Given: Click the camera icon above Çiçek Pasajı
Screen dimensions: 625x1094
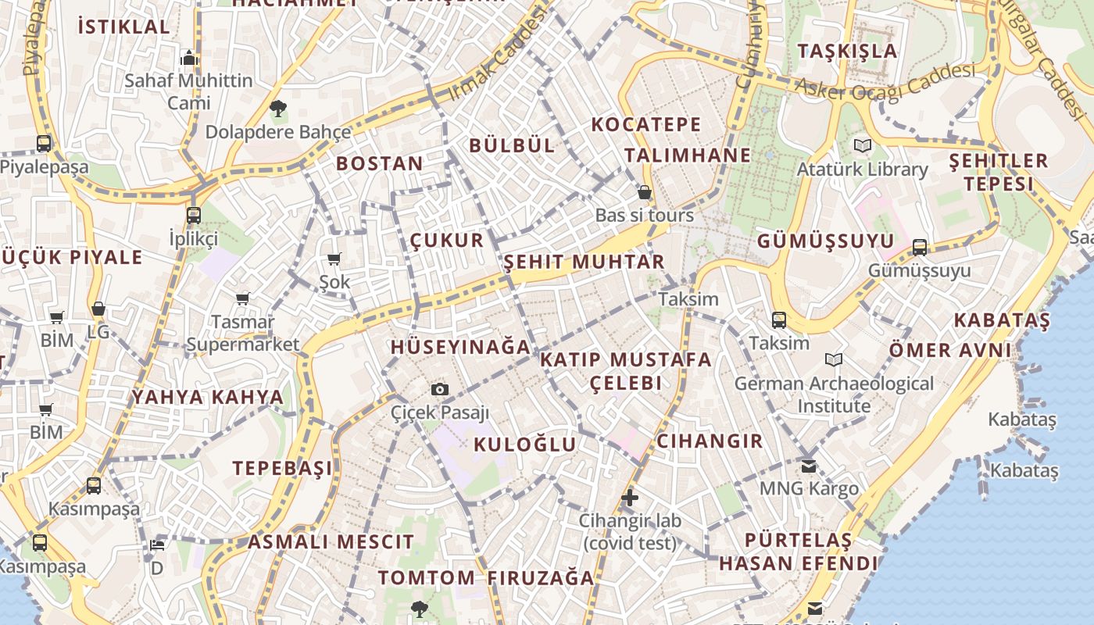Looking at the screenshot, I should coord(440,389).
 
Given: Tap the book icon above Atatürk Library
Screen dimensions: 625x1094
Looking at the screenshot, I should coord(863,145).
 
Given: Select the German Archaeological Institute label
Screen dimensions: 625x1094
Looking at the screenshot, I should coord(834,395).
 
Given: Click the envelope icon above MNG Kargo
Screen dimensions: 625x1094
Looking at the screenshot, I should coord(809,466).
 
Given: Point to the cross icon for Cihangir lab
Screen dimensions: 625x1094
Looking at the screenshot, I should coord(630,498).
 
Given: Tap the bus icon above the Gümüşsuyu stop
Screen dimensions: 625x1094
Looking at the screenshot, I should coord(920,248).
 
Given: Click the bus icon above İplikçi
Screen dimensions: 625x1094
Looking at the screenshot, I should coord(194,216).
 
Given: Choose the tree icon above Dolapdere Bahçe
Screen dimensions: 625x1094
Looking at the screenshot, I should coord(277,109).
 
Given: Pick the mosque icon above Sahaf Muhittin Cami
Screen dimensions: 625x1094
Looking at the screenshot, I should coord(188,58).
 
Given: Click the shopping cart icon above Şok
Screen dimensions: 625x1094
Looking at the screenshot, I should coord(334,259).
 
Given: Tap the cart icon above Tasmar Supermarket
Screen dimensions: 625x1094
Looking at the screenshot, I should coord(243,298).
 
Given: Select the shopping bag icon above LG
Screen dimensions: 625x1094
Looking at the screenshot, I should coord(98,309).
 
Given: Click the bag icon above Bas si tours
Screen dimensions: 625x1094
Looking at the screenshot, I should coord(645,192).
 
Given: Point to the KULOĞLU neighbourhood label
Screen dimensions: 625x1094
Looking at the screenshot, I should coord(525,445).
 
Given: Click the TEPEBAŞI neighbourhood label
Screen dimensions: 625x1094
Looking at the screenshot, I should coord(282,468).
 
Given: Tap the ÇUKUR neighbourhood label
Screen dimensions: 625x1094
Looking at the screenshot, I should coord(447,240).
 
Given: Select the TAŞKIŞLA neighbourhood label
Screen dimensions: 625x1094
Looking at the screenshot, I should coord(848,52).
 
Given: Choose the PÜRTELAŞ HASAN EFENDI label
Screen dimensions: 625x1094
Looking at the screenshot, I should coord(798,552).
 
